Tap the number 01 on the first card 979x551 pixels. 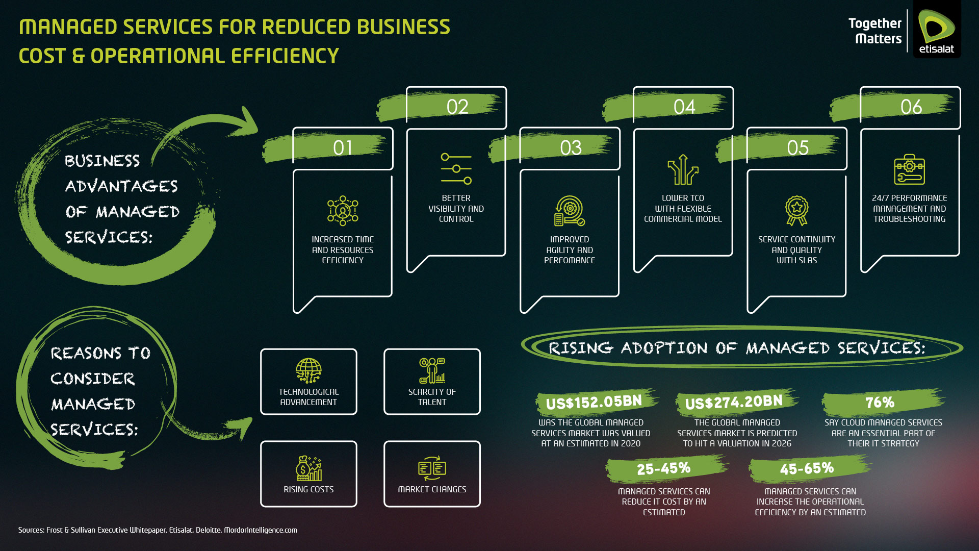[x=343, y=148]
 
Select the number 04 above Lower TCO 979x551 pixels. [x=684, y=107]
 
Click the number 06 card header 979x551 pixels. [x=911, y=107]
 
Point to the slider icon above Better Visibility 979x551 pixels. [x=456, y=169]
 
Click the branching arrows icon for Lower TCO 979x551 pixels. [x=683, y=169]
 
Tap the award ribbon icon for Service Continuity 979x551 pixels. [x=796, y=211]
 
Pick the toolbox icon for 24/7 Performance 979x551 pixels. [x=909, y=169]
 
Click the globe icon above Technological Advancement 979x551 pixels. [x=308, y=370]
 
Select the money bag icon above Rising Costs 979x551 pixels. [x=308, y=468]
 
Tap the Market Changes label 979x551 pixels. [x=432, y=489]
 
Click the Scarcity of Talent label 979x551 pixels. [x=432, y=397]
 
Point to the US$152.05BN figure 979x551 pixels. [x=594, y=403]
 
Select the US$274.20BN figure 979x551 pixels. [x=734, y=403]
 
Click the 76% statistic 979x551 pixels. [x=880, y=403]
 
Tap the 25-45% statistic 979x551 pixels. [x=663, y=468]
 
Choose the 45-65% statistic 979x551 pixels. [x=807, y=468]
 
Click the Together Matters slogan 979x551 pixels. [x=875, y=31]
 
